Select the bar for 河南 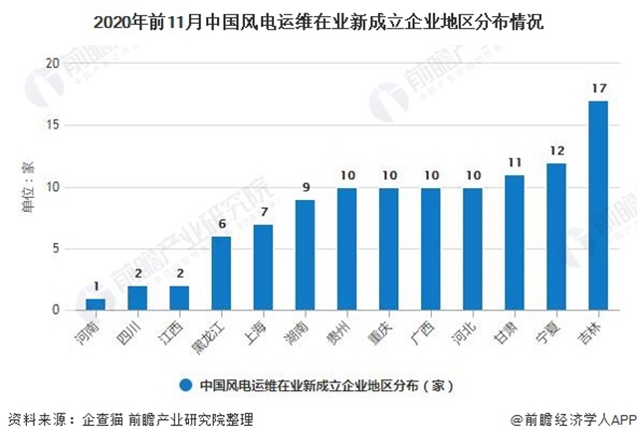pyautogui.click(x=95, y=304)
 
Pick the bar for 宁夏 pyautogui.click(x=555, y=236)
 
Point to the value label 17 pyautogui.click(x=597, y=89)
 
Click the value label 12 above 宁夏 pyautogui.click(x=555, y=150)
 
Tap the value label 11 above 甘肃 pyautogui.click(x=514, y=162)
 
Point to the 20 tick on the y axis pyautogui.click(x=56, y=63)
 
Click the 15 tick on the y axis pyautogui.click(x=56, y=124)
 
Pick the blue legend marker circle pyautogui.click(x=186, y=384)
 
